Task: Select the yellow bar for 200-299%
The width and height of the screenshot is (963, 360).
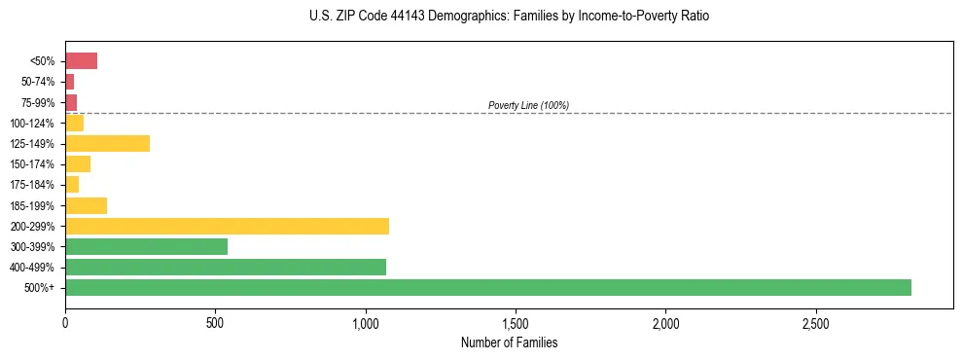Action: pos(227,226)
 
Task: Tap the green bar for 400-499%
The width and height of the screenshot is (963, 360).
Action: pos(226,267)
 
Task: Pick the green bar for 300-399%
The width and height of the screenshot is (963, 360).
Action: pos(146,246)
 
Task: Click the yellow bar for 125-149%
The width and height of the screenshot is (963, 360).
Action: pos(107,143)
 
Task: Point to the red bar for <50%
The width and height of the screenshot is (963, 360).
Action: pos(81,61)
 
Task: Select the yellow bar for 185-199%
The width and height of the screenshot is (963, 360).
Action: pos(86,205)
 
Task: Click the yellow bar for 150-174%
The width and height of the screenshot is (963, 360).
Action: pos(78,164)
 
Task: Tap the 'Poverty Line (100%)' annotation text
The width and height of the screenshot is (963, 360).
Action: pos(528,105)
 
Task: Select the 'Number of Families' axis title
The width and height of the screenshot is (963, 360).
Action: pos(509,342)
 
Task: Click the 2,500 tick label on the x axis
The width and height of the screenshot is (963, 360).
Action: pos(815,322)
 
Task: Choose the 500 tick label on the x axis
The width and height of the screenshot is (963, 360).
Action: pos(215,322)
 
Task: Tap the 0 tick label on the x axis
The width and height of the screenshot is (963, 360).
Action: pos(65,322)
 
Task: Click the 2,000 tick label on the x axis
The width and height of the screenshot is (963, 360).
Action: pos(665,322)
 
